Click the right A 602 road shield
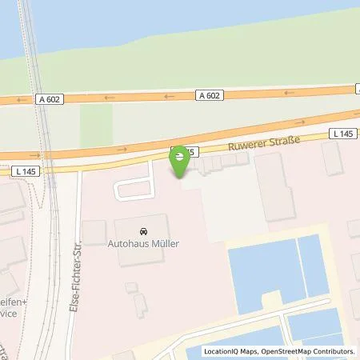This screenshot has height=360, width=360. point(209,94)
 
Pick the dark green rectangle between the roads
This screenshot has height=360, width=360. point(96,128)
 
